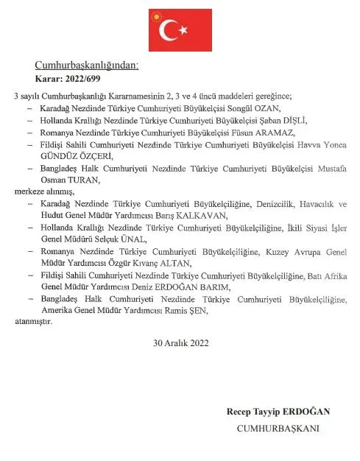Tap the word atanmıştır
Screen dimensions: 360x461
click(34, 321)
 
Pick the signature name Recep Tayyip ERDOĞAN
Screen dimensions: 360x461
click(279, 412)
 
